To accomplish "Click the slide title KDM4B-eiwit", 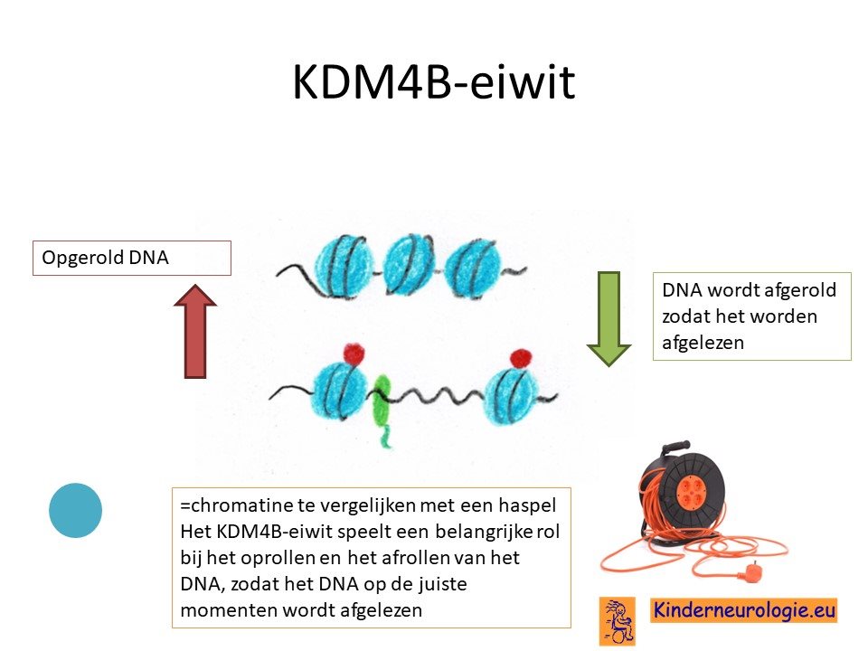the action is tap(433, 81).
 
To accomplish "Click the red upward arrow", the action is tap(195, 332).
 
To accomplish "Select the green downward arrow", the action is tap(609, 319).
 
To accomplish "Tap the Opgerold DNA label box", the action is tap(132, 258).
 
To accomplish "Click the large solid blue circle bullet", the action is tap(75, 510).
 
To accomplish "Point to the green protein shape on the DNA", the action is tap(382, 408).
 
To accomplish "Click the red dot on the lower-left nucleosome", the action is tap(354, 354).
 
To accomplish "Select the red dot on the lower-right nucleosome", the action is tap(521, 358).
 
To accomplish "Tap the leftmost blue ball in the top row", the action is tap(344, 266).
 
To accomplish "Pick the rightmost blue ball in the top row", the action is tap(473, 268).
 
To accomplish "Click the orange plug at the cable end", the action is tap(753, 570).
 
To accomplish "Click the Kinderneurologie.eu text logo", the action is tap(743, 610).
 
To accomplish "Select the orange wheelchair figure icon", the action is tap(618, 620).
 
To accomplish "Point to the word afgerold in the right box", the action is tap(799, 290).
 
